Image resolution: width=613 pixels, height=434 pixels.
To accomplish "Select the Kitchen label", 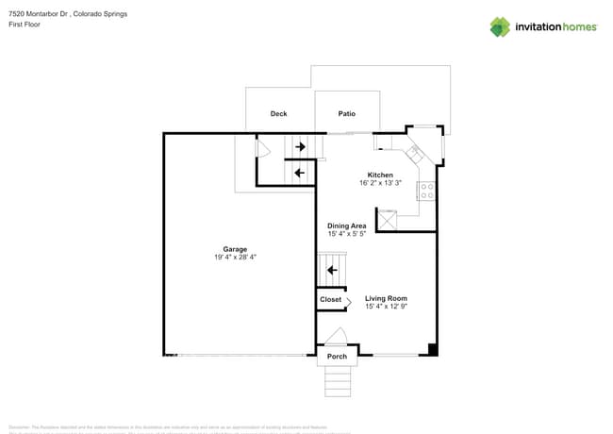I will coord(380,175).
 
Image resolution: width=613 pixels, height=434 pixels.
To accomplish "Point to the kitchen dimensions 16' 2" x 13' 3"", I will coord(380,183).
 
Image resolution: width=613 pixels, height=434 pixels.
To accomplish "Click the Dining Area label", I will coord(347,225).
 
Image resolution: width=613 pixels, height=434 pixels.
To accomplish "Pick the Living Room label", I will coord(386,298).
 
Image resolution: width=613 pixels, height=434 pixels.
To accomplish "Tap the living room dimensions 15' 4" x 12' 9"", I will coord(386,307).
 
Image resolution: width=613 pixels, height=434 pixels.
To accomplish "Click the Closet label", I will coord(330,300).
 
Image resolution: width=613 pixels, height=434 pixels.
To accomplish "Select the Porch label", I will coord(337,357).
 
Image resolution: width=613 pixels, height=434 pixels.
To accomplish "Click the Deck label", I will coord(278,114).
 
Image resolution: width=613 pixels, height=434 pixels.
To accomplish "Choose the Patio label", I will coord(347,114).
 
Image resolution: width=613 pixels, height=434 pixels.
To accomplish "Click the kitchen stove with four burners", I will coord(426,192).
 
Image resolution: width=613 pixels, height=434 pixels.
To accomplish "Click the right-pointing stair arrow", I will coord(300,147).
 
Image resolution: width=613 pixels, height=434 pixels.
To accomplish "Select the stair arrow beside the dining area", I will coord(332,271).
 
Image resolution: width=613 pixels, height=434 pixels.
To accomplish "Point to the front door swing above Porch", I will coord(336,337).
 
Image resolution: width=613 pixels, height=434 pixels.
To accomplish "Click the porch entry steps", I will coord(338,381).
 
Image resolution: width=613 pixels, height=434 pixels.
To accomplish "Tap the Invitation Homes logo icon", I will coord(500,26).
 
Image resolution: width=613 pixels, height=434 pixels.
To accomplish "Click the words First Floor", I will coord(26,25).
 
